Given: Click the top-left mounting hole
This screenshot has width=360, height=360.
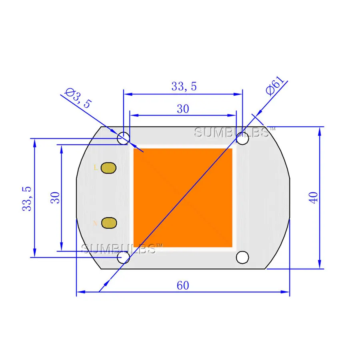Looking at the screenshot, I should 123,138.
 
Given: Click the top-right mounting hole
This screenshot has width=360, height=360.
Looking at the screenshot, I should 242,139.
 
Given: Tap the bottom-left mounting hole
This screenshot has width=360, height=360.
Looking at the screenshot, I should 123,258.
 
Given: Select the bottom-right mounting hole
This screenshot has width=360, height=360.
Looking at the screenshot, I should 242,257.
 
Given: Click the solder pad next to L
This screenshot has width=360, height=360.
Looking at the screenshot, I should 108,168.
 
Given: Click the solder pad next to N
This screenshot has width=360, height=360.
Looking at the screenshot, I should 108,223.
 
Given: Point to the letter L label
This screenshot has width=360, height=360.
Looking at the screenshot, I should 95,168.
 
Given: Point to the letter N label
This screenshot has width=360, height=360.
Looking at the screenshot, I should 95,223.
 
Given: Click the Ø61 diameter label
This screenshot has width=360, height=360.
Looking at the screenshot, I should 276,84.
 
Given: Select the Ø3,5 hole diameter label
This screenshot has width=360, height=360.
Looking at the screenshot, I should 78,98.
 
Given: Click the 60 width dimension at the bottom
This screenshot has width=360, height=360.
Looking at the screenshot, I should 182,286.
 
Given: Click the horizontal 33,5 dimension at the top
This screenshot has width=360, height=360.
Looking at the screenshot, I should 184,86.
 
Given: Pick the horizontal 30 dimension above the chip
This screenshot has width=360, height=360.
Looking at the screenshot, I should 183,109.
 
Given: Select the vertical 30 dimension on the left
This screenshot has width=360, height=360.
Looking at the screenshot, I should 55,198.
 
